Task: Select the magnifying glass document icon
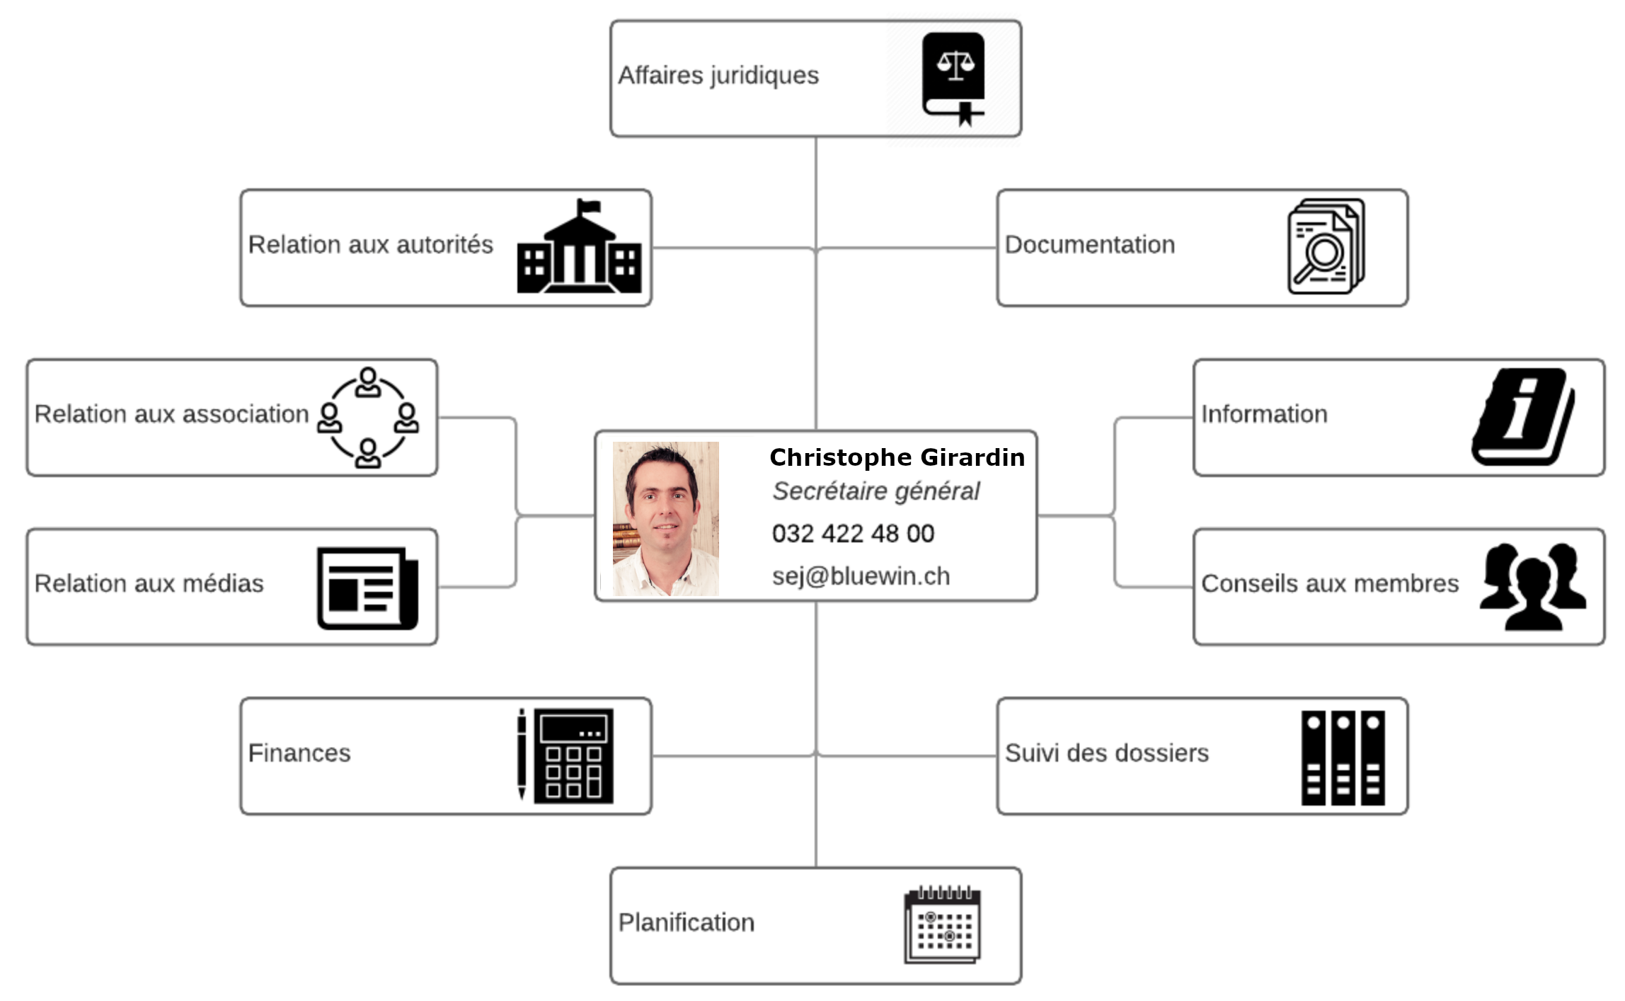coord(1326,246)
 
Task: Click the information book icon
coord(1523,416)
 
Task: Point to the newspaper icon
coord(367,588)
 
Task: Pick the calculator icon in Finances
coord(573,755)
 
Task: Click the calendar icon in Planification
coord(942,924)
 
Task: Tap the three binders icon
coord(1343,757)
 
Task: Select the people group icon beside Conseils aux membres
coord(1532,586)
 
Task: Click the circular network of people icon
coord(367,418)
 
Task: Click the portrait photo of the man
coord(665,518)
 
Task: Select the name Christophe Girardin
coord(897,457)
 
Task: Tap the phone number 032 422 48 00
coord(853,534)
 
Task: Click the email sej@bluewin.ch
coord(861,576)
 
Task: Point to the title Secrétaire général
coord(875,491)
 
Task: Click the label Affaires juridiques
coord(718,75)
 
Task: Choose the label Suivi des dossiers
coord(1106,753)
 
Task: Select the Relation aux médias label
coord(149,583)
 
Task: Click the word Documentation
coord(1089,245)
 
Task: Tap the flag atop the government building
coord(589,207)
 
